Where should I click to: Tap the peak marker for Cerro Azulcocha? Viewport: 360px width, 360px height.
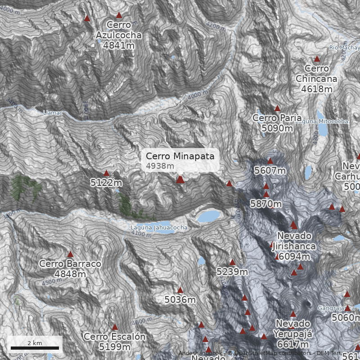pos(119,15)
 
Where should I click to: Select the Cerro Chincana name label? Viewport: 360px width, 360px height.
pos(316,74)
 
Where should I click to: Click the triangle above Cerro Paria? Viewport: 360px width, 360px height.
pos(277,108)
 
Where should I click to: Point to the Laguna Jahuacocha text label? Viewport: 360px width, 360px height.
pos(159,228)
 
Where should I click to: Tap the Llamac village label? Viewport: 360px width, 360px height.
pos(53,112)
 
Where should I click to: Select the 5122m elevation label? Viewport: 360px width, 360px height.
pos(106,183)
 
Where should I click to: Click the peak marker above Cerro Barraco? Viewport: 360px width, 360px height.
pos(70,254)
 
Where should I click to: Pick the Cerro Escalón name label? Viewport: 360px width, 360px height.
pos(114,337)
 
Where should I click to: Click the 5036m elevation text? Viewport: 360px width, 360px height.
pos(180,299)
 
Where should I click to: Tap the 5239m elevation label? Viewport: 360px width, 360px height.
pos(232,272)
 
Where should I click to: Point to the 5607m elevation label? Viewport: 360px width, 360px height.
pos(270,171)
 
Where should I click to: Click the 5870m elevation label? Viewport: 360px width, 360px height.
pos(266,204)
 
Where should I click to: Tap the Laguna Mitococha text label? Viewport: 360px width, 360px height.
pos(322,121)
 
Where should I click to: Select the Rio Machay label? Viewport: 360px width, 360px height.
pos(344,48)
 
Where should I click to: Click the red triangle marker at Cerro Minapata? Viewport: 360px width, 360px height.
pos(180,180)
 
